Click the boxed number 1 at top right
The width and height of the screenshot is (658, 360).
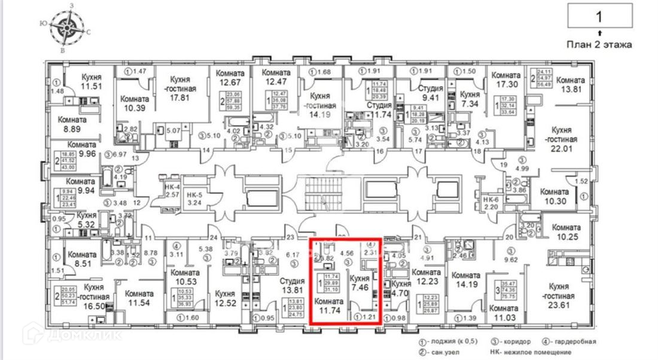599,16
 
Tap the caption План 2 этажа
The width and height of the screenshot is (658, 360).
599,44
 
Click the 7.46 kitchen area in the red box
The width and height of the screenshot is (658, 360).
359,287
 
